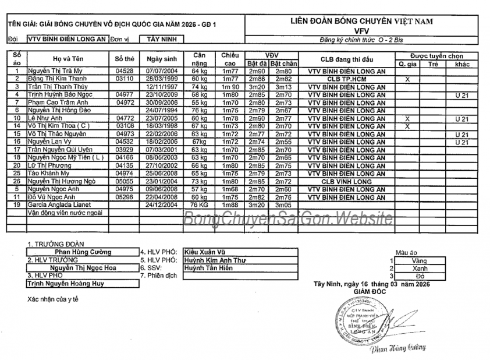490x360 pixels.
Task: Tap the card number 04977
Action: [x=125, y=94]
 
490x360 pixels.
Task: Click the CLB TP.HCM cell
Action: [x=346, y=78]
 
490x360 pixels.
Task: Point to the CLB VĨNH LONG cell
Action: [x=346, y=181]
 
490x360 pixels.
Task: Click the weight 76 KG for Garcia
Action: [x=200, y=205]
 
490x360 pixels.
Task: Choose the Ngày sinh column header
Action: [x=161, y=59]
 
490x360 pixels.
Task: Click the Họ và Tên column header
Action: [x=69, y=59]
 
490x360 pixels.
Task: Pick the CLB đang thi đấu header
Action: [x=346, y=59]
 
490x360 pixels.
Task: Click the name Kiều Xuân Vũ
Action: [x=201, y=252]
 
